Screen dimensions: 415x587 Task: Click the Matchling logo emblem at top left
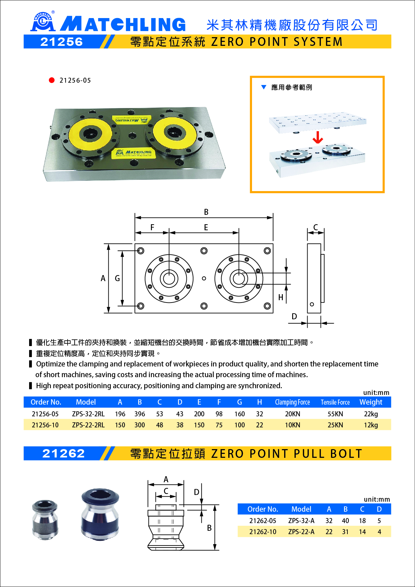(43, 22)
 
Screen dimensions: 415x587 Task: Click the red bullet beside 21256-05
(52, 80)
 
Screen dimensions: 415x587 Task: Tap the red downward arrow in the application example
(318, 137)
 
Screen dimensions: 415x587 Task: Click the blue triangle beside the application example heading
(264, 87)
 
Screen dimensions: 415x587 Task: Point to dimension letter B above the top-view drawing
(206, 212)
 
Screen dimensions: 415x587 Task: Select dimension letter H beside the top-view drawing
(281, 297)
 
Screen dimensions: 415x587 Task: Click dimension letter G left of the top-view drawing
(117, 278)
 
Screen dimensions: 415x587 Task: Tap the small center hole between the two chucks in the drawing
(204, 278)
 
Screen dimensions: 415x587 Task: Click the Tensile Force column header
(335, 402)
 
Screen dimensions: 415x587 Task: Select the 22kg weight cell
(371, 414)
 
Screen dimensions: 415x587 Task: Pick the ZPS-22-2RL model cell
(88, 425)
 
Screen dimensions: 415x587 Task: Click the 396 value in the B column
(140, 414)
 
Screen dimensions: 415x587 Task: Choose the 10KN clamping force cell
(293, 425)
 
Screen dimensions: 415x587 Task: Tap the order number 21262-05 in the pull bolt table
(263, 521)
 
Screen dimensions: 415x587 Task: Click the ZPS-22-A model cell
(301, 532)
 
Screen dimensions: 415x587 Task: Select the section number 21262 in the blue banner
(63, 453)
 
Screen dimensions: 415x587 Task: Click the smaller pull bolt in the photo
(45, 520)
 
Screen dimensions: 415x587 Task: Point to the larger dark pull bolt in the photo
(100, 514)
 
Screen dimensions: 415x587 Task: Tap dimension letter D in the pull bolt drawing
(196, 492)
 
